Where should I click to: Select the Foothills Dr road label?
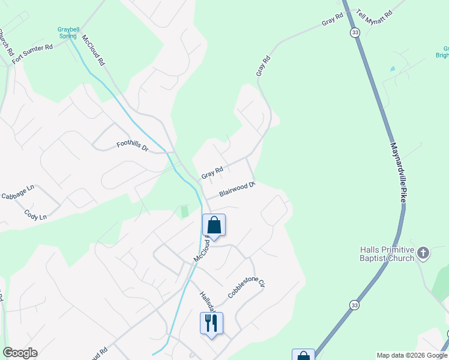pyautogui.click(x=132, y=145)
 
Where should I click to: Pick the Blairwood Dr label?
pyautogui.click(x=238, y=190)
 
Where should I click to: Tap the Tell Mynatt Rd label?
pyautogui.click(x=373, y=14)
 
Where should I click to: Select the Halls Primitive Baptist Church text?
pyautogui.click(x=387, y=254)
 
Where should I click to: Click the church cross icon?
pyautogui.click(x=423, y=253)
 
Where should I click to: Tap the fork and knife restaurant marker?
pyautogui.click(x=211, y=323)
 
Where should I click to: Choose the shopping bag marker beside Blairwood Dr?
pyautogui.click(x=214, y=226)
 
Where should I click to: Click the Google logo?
pyautogui.click(x=20, y=353)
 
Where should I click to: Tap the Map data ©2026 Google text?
pyautogui.click(x=412, y=355)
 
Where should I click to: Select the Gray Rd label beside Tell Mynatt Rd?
pyautogui.click(x=332, y=19)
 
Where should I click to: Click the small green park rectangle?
pyautogui.click(x=184, y=212)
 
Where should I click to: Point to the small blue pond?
pyautogui.click(x=393, y=69)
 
